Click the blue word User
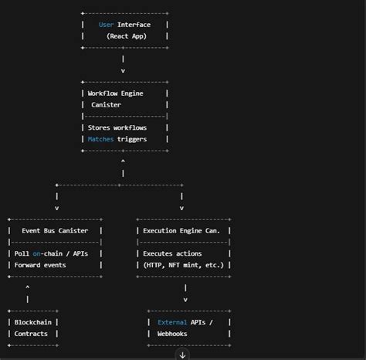[107, 25]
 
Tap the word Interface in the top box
[134, 25]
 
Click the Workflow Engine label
[116, 93]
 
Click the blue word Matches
[100, 138]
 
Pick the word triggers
[132, 138]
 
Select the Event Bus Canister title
[55, 230]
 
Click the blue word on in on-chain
[36, 253]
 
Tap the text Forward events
[40, 265]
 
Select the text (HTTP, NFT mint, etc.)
[184, 265]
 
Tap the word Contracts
[31, 334]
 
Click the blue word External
[171, 322]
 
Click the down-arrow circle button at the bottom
[182, 355]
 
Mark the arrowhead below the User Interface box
[123, 70]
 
